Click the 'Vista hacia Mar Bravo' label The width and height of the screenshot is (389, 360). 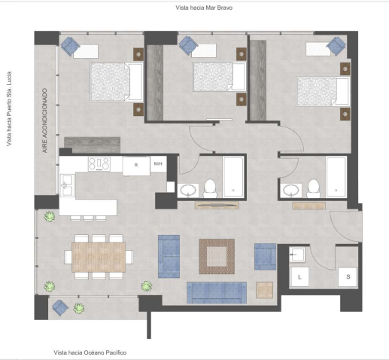pos(204,8)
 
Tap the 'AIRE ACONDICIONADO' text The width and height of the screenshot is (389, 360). pos(44,121)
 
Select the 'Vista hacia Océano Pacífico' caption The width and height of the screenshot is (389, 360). pos(90,352)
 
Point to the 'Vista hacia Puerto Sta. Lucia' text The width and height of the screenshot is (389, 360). pos(9,109)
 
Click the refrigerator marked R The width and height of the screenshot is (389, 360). pos(136,166)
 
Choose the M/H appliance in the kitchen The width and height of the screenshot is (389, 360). pos(158,164)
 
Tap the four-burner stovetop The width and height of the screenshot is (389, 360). pos(99,164)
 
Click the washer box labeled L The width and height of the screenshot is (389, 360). pos(299,277)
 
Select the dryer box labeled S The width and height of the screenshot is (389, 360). pos(348,277)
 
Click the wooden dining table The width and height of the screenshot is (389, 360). pos(99,257)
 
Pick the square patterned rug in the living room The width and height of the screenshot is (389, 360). pos(217,256)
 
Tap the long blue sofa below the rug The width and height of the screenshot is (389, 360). pos(217,292)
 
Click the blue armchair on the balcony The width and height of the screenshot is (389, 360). pos(60,307)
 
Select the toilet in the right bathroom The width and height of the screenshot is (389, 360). pos(314,188)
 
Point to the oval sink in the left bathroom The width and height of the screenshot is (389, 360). pos(188,191)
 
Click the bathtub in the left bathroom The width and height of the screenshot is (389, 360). pos(233,177)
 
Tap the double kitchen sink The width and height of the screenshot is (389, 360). pos(67,185)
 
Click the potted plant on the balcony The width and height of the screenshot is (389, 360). pos(79,308)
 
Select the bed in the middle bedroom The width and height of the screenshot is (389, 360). pos(219,77)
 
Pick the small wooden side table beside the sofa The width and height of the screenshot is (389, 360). pos(264,290)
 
